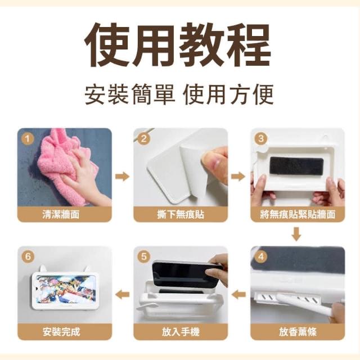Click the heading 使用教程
(178, 45)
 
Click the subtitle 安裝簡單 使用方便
(179, 94)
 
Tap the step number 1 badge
(28, 139)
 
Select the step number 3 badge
(261, 138)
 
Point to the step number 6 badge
(28, 256)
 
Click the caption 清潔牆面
(61, 214)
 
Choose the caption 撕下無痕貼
(181, 214)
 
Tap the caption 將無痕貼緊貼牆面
(298, 214)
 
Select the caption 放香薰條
(298, 332)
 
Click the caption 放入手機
(181, 332)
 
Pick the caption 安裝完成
(61, 332)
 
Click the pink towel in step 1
(66, 165)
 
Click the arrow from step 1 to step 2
(123, 176)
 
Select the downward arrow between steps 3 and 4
(296, 235)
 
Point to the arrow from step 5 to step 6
(123, 294)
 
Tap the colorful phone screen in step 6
(65, 290)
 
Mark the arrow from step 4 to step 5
(238, 294)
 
